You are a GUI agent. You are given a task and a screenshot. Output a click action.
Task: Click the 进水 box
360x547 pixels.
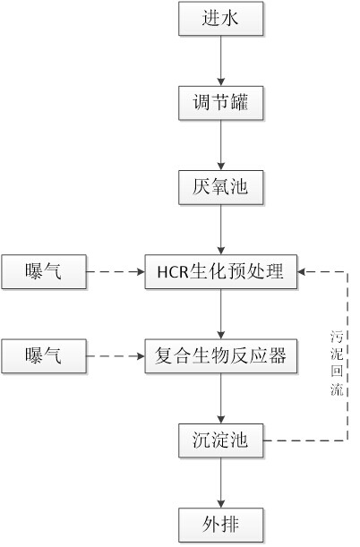pyautogui.click(x=220, y=19)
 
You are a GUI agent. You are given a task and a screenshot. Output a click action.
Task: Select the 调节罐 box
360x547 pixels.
pyautogui.click(x=220, y=103)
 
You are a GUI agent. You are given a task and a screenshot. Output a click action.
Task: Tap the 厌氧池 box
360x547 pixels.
pyautogui.click(x=220, y=187)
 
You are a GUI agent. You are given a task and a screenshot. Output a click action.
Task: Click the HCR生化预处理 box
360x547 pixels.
pyautogui.click(x=221, y=272)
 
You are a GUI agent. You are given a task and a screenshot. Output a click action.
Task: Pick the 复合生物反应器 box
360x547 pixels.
pyautogui.click(x=221, y=356)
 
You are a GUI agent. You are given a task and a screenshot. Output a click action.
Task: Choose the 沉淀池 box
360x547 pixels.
pyautogui.click(x=220, y=440)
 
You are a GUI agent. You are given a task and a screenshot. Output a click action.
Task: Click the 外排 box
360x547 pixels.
pyautogui.click(x=220, y=525)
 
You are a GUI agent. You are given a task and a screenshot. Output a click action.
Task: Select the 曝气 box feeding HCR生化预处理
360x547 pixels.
pyautogui.click(x=44, y=272)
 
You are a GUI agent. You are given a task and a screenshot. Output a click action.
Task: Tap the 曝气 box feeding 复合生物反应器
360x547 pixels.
pyautogui.click(x=44, y=356)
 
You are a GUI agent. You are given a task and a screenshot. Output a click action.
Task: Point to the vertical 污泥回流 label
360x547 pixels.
pyautogui.click(x=337, y=363)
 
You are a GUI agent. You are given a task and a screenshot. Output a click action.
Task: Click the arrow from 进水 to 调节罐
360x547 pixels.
pyautogui.click(x=220, y=61)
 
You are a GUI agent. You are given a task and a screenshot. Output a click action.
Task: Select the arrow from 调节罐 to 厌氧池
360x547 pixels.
pyautogui.click(x=220, y=145)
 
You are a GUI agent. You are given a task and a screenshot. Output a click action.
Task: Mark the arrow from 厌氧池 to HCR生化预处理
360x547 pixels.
pyautogui.click(x=220, y=229)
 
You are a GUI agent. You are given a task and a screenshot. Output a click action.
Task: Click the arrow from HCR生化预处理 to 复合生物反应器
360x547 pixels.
pyautogui.click(x=220, y=314)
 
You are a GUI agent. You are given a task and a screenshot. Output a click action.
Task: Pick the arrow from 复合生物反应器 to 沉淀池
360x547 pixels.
pyautogui.click(x=220, y=398)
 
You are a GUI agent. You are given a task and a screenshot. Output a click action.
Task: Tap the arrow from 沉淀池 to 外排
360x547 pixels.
pyautogui.click(x=220, y=483)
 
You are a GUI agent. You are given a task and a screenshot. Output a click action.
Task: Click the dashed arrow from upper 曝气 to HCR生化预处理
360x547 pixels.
pyautogui.click(x=116, y=272)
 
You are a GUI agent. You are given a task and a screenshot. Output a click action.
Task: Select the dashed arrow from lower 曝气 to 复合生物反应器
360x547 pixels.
pyautogui.click(x=116, y=356)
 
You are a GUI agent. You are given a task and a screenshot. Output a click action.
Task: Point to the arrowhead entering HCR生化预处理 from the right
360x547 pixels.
pyautogui.click(x=301, y=272)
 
